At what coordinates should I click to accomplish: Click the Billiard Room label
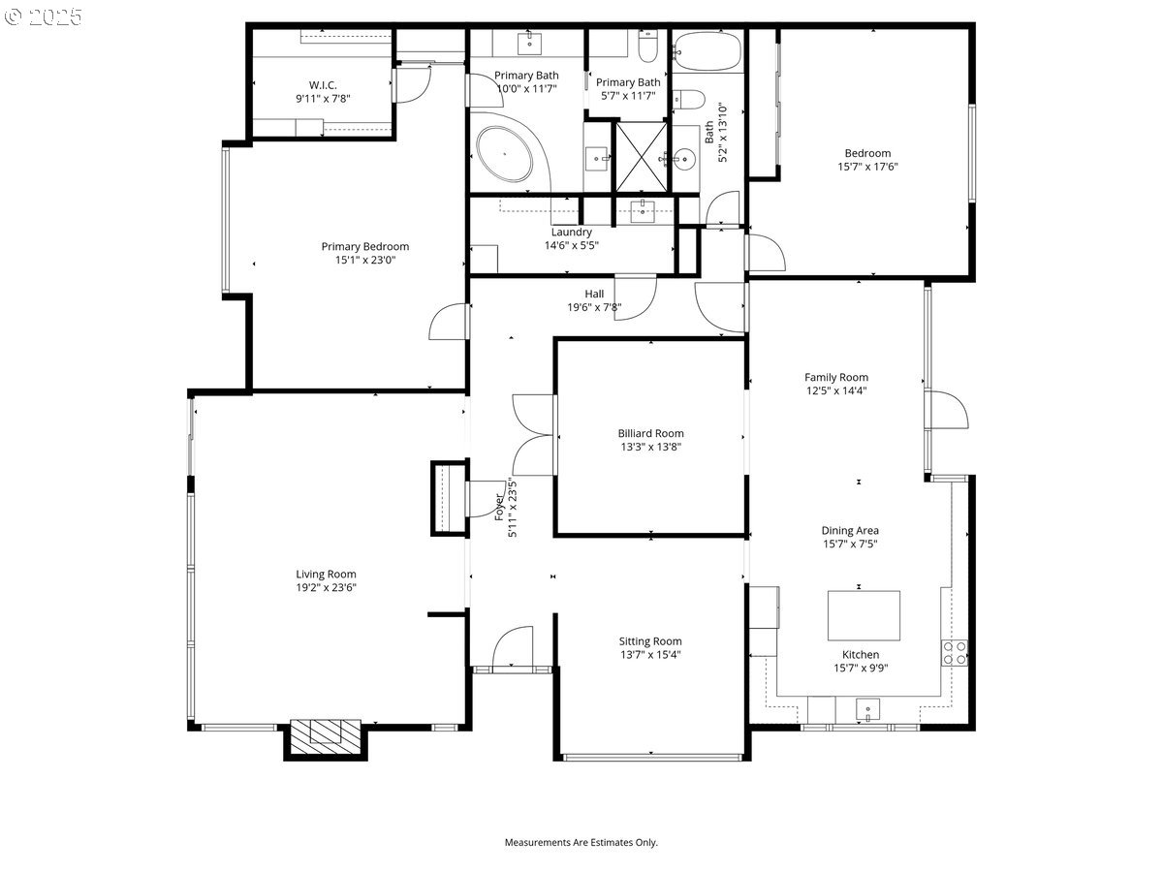(x=650, y=433)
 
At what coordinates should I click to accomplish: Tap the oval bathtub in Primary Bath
(x=504, y=155)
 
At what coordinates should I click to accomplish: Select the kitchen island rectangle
(x=863, y=615)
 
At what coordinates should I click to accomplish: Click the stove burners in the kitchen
(x=954, y=652)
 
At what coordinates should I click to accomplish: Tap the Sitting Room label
(x=650, y=640)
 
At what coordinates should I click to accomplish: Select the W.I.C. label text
(x=323, y=84)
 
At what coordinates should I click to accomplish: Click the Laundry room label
(x=571, y=232)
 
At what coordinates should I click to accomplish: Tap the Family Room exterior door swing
(x=948, y=410)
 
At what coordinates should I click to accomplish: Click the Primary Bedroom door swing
(x=449, y=323)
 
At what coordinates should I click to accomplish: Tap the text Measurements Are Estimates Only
(x=581, y=842)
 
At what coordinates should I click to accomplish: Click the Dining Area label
(x=850, y=530)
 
